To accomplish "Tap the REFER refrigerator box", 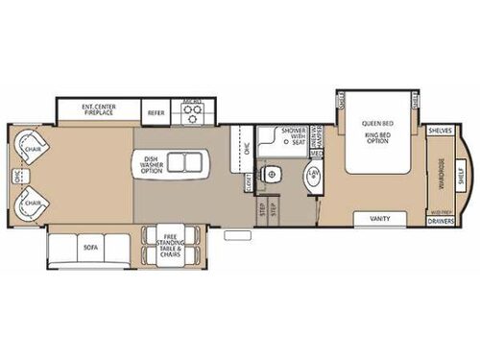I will pos(156,112).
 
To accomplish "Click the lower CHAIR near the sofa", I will pos(31,202).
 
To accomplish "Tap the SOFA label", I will pos(91,248).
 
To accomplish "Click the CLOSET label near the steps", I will pos(246,179).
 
